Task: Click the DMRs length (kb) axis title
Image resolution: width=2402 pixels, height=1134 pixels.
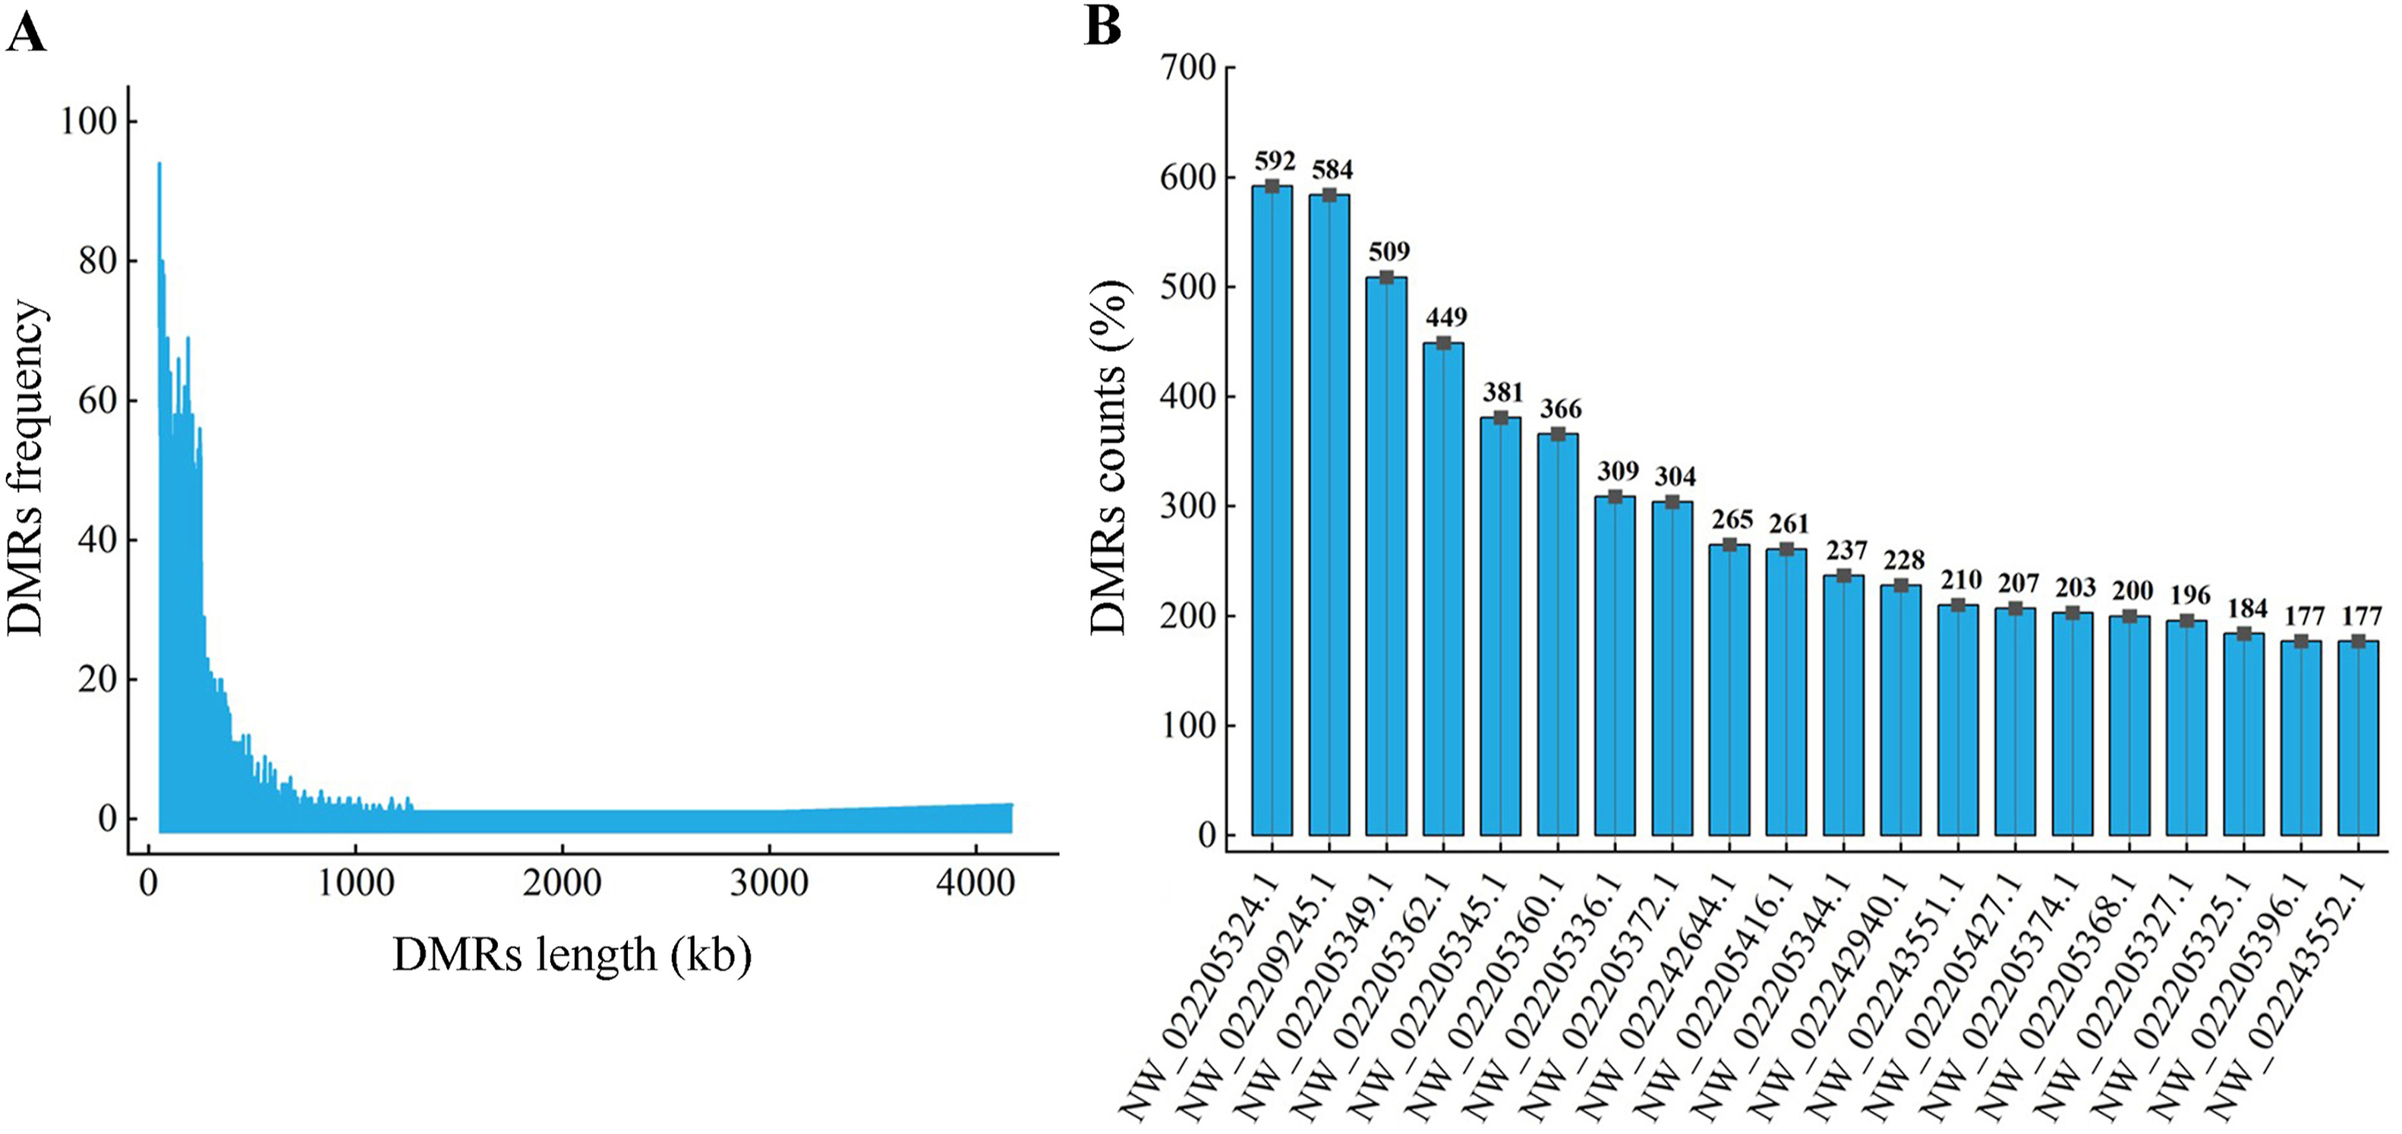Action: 572,956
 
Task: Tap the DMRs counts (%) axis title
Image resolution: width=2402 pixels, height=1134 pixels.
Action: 1110,457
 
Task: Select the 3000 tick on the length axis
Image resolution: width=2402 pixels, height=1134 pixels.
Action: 768,881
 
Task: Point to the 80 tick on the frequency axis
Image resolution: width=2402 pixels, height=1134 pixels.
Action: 97,261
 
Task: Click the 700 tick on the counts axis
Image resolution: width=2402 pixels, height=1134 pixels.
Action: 1187,67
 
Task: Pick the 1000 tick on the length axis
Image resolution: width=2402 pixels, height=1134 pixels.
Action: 355,881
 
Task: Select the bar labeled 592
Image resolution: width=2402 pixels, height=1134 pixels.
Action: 1272,513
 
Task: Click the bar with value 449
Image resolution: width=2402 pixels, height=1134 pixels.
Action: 1443,587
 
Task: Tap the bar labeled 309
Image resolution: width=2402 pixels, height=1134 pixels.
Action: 1615,666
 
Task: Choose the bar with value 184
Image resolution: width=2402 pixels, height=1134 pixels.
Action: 2243,737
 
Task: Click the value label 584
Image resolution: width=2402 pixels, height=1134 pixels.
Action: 1332,170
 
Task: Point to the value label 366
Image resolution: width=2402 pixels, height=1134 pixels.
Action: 1560,408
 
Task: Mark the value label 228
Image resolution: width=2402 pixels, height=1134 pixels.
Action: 1903,559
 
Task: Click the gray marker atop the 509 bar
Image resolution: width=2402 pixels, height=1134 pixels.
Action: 1386,277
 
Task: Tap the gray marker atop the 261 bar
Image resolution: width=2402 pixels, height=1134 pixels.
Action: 1786,550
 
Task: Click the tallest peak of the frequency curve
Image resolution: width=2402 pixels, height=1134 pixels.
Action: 159,165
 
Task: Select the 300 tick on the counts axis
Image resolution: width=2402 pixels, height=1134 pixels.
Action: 1187,506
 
